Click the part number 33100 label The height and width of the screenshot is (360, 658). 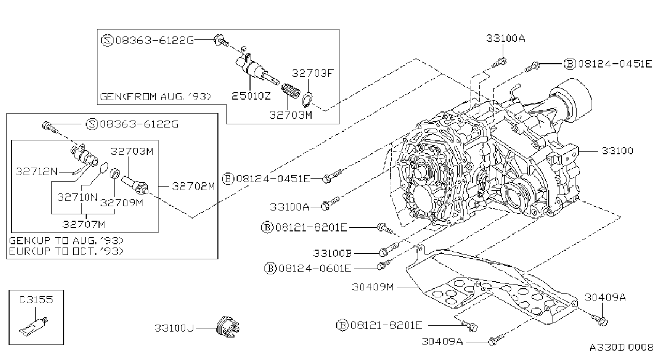tap(617, 151)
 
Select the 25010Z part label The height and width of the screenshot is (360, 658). tap(251, 96)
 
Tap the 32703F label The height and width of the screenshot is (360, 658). tap(313, 73)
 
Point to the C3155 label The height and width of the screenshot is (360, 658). tap(36, 300)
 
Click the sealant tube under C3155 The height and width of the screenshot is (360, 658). tap(34, 326)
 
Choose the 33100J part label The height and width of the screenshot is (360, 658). tap(175, 328)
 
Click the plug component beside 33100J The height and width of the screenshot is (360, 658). tap(228, 327)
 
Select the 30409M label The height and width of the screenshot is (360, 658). tap(373, 287)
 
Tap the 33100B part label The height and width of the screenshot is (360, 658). tap(332, 253)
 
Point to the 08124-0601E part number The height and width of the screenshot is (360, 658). tap(315, 268)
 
